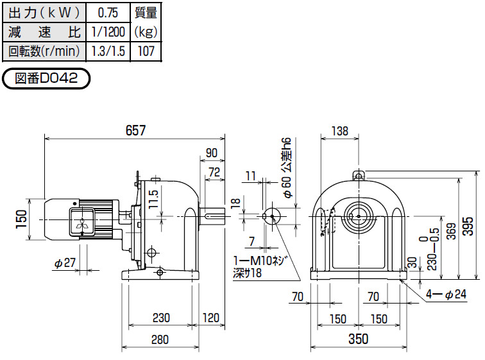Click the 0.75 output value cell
(108, 13)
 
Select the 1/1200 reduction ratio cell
(108, 32)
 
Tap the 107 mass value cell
(146, 51)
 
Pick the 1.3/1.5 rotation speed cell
(108, 51)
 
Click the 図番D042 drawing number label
(46, 78)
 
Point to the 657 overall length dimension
(135, 130)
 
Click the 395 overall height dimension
(468, 226)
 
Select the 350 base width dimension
(358, 339)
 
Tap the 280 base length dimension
(160, 339)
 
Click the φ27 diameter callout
(65, 263)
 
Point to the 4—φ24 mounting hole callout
(446, 294)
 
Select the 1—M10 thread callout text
(259, 261)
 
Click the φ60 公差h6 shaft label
(287, 168)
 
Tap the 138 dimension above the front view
(339, 131)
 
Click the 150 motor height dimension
(22, 219)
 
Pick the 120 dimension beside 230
(211, 318)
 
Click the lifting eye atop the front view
(359, 175)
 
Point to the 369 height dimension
(452, 231)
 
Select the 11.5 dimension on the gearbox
(153, 199)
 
